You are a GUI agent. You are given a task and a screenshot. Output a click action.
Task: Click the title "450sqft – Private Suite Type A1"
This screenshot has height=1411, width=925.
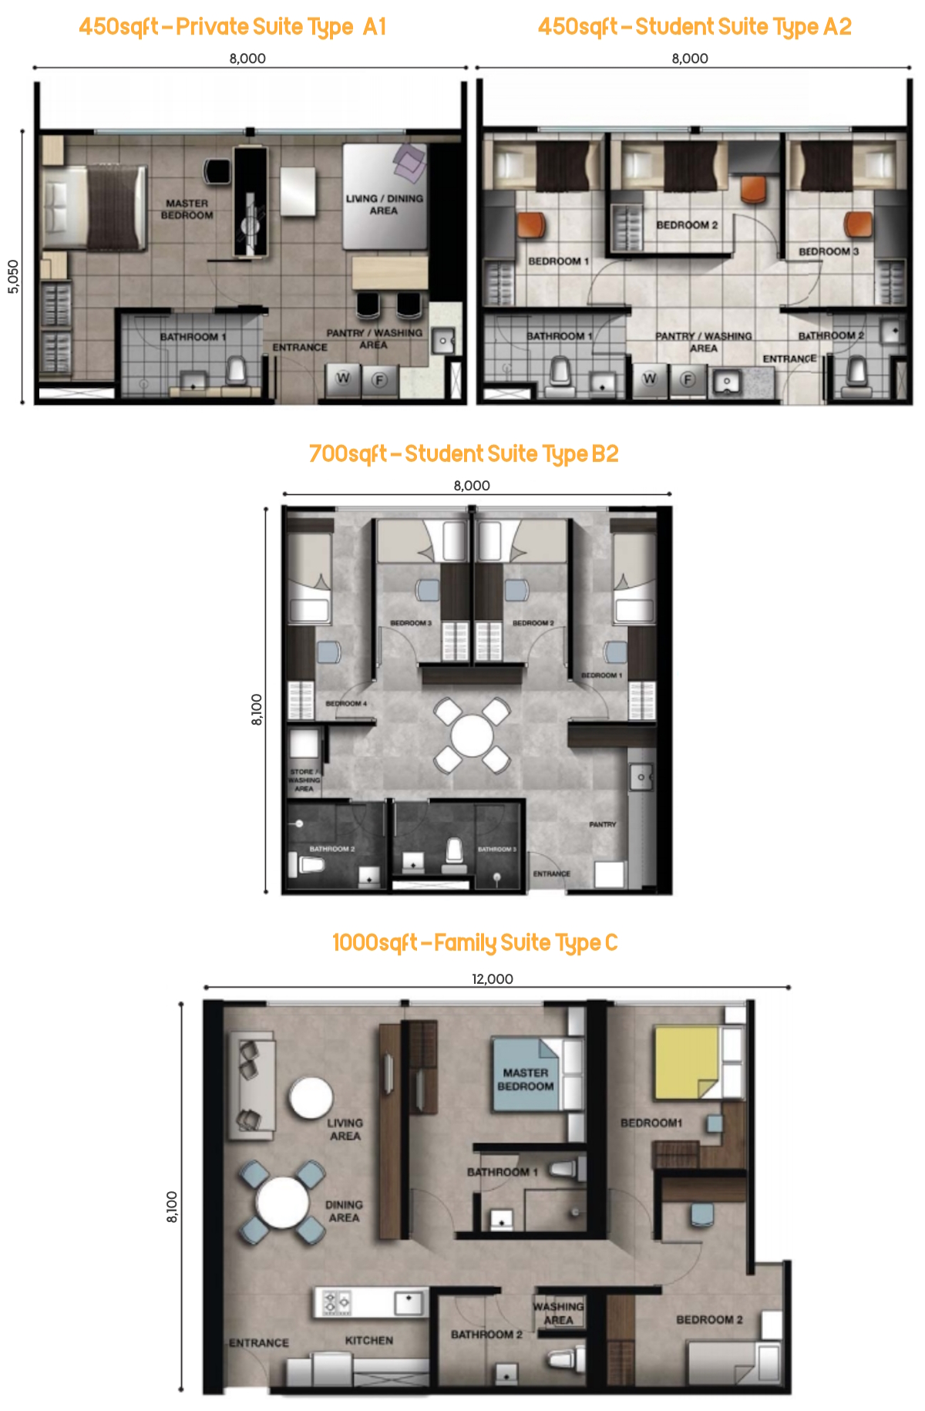(x=232, y=27)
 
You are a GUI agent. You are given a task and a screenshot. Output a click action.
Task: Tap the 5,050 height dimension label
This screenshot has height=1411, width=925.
(x=13, y=276)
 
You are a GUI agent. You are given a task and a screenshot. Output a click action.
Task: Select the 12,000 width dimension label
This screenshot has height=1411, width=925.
(x=493, y=978)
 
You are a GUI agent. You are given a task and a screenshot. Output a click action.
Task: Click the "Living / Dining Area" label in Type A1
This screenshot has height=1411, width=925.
(x=384, y=204)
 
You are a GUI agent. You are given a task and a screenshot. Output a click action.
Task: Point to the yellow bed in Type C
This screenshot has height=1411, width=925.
(x=687, y=1062)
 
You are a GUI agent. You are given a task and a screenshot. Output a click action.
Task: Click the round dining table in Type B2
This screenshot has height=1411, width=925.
(x=472, y=735)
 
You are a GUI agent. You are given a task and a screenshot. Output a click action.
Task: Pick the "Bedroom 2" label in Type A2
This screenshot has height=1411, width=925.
(x=687, y=225)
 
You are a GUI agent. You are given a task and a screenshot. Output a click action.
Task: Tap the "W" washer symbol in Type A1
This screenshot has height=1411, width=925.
(x=343, y=378)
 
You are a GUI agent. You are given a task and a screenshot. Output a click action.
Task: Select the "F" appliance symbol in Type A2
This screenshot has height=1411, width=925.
(x=688, y=379)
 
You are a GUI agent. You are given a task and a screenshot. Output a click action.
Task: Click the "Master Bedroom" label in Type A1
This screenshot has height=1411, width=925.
(x=187, y=209)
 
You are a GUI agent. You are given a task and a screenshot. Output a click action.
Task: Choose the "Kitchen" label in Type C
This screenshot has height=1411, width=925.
(x=368, y=1340)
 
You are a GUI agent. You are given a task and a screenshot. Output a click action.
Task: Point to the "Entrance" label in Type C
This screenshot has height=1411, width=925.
(x=259, y=1342)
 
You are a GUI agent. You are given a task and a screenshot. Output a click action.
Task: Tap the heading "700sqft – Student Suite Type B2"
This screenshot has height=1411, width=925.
(x=463, y=454)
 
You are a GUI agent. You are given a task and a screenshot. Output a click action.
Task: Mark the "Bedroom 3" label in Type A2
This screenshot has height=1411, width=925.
(x=828, y=251)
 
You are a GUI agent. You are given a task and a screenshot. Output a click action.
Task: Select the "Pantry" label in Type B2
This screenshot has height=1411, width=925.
(x=602, y=824)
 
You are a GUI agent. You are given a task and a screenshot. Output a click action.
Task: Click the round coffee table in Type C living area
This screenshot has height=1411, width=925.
(x=311, y=1097)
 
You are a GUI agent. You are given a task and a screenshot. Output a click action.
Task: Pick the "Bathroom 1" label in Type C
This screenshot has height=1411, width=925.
(x=502, y=1172)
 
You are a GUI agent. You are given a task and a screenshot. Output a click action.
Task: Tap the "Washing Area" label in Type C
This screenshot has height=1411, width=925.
(x=558, y=1313)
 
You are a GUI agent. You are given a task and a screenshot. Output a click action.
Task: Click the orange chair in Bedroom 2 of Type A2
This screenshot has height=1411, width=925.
(x=753, y=189)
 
